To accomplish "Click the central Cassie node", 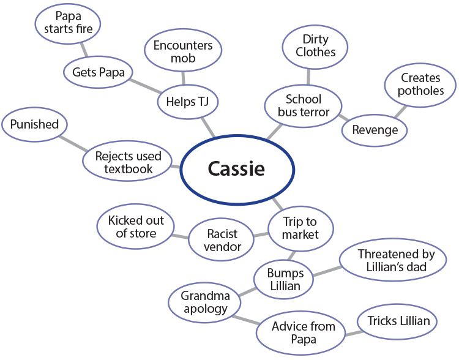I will (x=236, y=169).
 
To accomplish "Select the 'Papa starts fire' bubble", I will (x=67, y=24).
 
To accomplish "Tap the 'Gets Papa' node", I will (x=98, y=72).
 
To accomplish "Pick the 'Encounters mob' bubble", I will (x=182, y=52).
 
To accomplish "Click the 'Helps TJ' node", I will (x=187, y=102).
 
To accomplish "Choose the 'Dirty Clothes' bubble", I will (x=315, y=47).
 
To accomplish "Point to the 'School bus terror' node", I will (x=303, y=105).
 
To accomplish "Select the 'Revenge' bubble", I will (x=375, y=130).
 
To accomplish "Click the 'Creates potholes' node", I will (x=420, y=84).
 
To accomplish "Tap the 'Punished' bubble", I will (x=34, y=125).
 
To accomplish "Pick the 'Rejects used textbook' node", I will (x=128, y=162).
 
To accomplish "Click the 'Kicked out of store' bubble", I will (x=136, y=227).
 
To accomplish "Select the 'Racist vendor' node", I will (x=221, y=239).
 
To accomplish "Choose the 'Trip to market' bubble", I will (x=300, y=227).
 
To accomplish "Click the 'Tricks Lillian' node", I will (x=398, y=321).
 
